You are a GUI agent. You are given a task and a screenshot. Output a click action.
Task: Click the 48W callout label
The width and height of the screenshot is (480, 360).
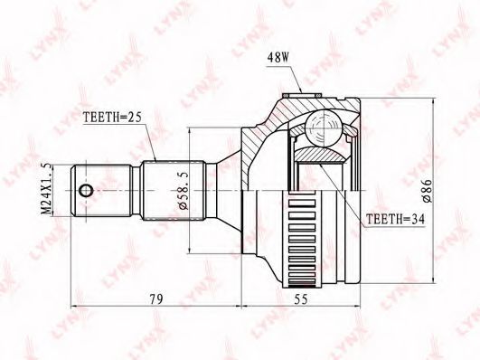click(278, 58)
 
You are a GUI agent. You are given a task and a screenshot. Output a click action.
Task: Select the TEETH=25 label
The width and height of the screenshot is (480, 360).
click(112, 117)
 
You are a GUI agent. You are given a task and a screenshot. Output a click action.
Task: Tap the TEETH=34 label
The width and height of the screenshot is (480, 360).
click(396, 219)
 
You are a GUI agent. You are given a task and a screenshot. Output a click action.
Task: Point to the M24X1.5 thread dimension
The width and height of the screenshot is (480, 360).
click(45, 189)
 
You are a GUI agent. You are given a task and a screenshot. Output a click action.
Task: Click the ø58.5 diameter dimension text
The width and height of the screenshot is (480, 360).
click(184, 191)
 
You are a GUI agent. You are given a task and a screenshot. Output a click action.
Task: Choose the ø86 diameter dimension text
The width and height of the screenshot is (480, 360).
click(427, 191)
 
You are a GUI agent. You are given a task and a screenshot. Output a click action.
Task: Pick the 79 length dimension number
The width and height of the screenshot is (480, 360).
click(156, 298)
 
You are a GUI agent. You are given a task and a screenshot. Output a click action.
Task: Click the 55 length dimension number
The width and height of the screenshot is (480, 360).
click(301, 298)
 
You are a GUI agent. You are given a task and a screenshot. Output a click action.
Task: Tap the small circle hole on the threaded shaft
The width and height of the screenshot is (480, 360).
click(85, 191)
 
